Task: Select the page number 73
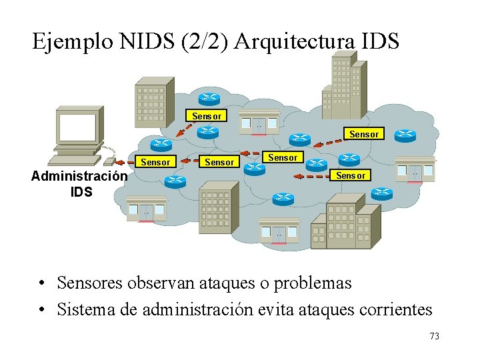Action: click(434, 336)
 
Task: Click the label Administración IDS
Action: click(79, 184)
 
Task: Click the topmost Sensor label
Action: click(207, 116)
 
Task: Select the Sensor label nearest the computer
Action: click(156, 162)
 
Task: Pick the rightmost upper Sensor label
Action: click(364, 134)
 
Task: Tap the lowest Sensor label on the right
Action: click(351, 175)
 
